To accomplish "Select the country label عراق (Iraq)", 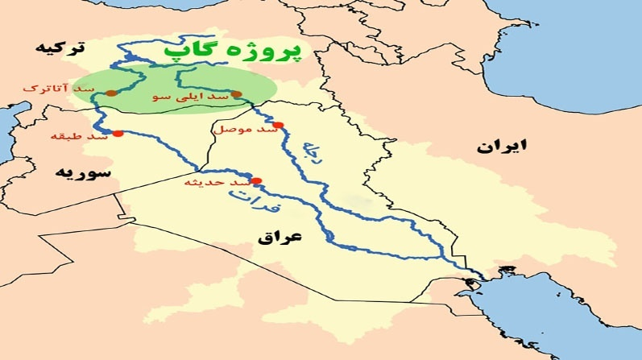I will point(279,238).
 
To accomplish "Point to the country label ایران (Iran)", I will point(500,147).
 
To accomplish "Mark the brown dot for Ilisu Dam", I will point(237,95).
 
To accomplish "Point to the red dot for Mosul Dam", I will point(279,125).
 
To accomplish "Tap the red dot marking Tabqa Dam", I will point(118,134).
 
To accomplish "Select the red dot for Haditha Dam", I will point(256,180).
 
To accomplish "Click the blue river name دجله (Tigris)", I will point(310,151).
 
